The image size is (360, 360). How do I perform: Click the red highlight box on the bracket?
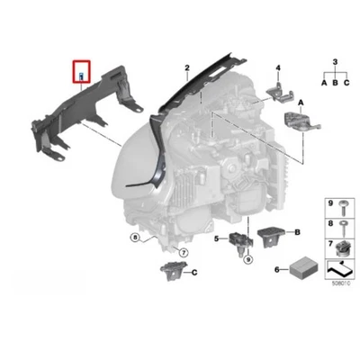tap(81, 69)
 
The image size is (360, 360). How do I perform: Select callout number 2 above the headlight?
tap(186, 68)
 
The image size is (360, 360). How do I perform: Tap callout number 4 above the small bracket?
tap(279, 68)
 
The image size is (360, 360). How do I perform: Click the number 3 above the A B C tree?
tap(335, 61)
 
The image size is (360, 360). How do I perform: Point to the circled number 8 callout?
tap(134, 238)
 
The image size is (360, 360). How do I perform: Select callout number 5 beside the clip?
tap(217, 238)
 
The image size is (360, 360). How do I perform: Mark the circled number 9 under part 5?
tap(244, 259)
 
